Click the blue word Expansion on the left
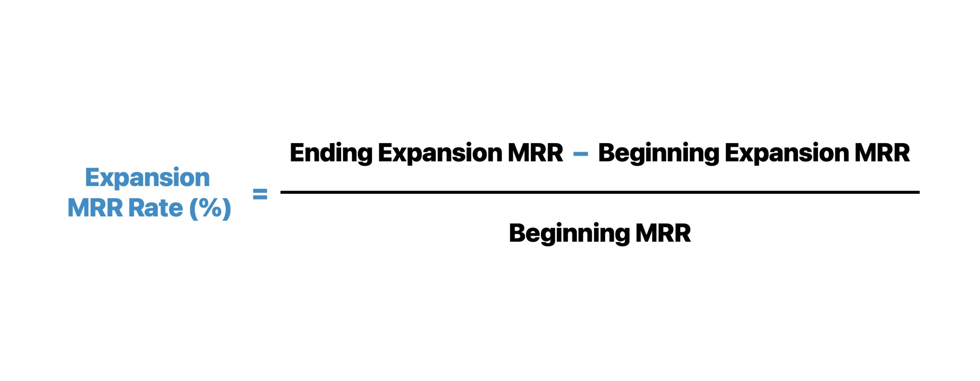tap(147, 178)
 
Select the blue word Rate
tap(155, 208)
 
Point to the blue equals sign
tap(260, 194)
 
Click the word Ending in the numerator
tap(331, 153)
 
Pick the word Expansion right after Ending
tap(440, 153)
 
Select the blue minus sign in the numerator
tap(580, 154)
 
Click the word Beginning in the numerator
tap(658, 153)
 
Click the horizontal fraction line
tap(600, 192)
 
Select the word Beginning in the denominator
tap(569, 234)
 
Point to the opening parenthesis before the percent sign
tap(194, 209)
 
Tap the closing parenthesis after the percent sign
tap(227, 209)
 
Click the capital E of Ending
tap(297, 152)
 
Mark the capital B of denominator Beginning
tap(517, 233)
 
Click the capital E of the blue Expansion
tap(92, 177)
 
